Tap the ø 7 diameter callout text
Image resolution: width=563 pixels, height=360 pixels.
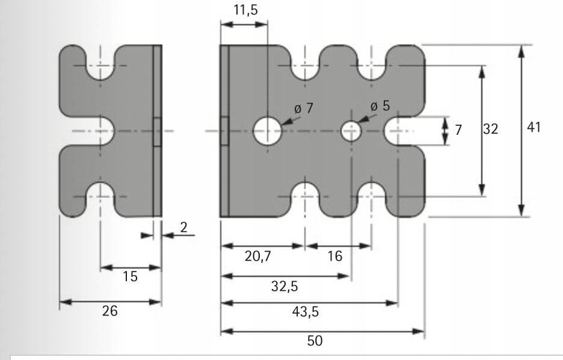[x=304, y=109]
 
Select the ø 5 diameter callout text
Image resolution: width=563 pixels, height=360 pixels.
[x=380, y=106]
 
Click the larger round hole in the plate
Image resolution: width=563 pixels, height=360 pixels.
[x=267, y=131]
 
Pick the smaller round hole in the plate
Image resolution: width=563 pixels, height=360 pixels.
[x=351, y=131]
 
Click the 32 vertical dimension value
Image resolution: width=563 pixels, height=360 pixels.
[x=492, y=129]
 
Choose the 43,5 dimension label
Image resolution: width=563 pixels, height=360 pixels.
[x=312, y=314]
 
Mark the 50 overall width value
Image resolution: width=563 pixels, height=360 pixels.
[x=315, y=341]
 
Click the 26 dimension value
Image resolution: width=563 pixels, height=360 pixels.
[x=109, y=311]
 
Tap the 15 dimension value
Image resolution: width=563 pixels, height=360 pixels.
[x=130, y=277]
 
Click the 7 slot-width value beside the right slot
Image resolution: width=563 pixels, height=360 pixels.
[x=458, y=131]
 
